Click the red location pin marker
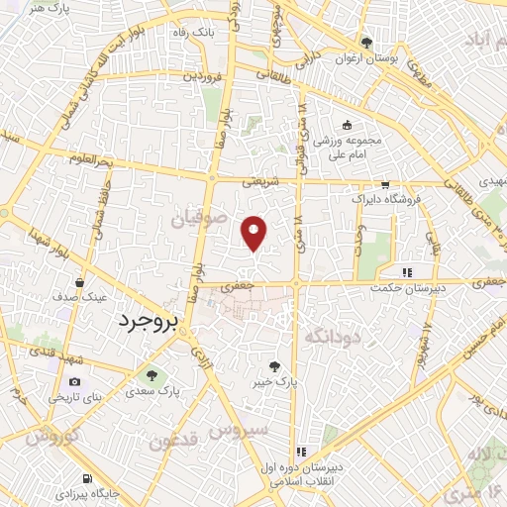pos(254,232)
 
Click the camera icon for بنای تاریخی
pos(75,382)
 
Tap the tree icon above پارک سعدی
pos(152,375)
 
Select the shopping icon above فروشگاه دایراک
pos(384,184)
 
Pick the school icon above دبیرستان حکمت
pos(406,271)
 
